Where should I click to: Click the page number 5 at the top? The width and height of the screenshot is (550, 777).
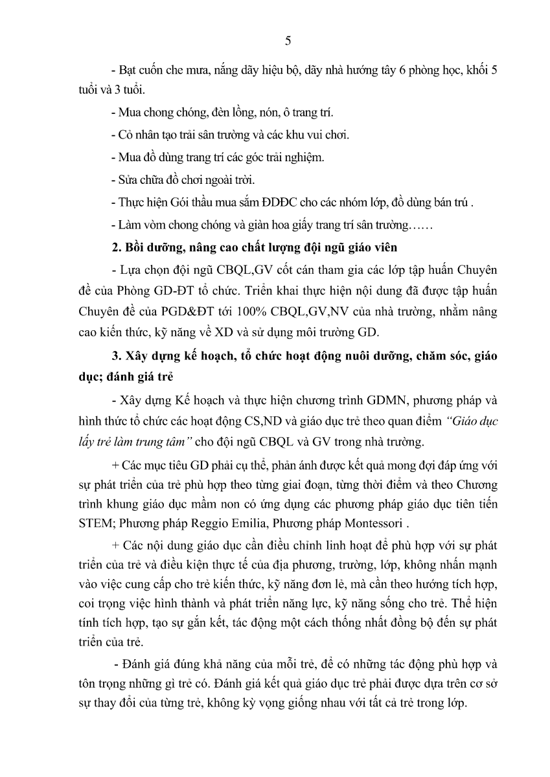click(x=288, y=41)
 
